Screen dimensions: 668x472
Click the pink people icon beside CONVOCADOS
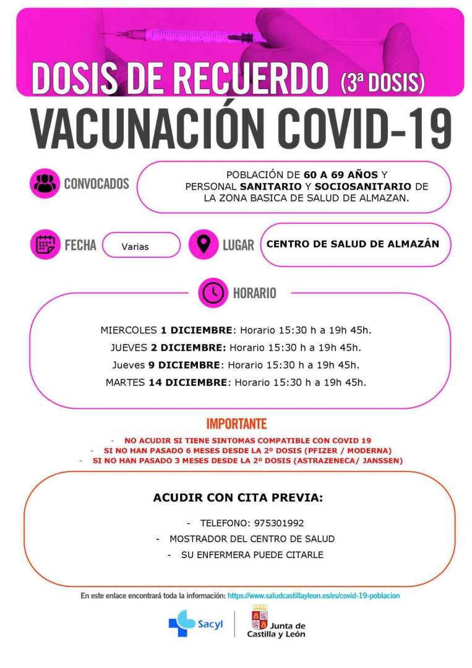click(45, 183)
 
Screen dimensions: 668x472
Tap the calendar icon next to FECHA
click(45, 244)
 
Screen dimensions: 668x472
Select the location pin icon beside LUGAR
click(203, 244)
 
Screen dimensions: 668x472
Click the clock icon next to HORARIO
click(213, 293)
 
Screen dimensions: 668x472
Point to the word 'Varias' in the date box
click(135, 246)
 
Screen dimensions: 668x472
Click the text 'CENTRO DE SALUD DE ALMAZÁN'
click(353, 244)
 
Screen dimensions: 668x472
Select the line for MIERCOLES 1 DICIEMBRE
click(236, 330)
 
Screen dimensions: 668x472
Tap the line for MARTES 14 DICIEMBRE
click(236, 382)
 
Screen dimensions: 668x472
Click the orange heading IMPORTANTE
click(236, 424)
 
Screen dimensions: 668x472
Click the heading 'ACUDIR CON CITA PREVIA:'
click(238, 497)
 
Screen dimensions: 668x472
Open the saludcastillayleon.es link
click(314, 595)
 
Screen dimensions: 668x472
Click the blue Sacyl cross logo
click(181, 623)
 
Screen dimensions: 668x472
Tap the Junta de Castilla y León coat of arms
click(259, 619)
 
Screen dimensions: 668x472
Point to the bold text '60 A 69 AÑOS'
click(343, 174)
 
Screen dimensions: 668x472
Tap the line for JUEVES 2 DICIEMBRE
click(236, 347)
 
